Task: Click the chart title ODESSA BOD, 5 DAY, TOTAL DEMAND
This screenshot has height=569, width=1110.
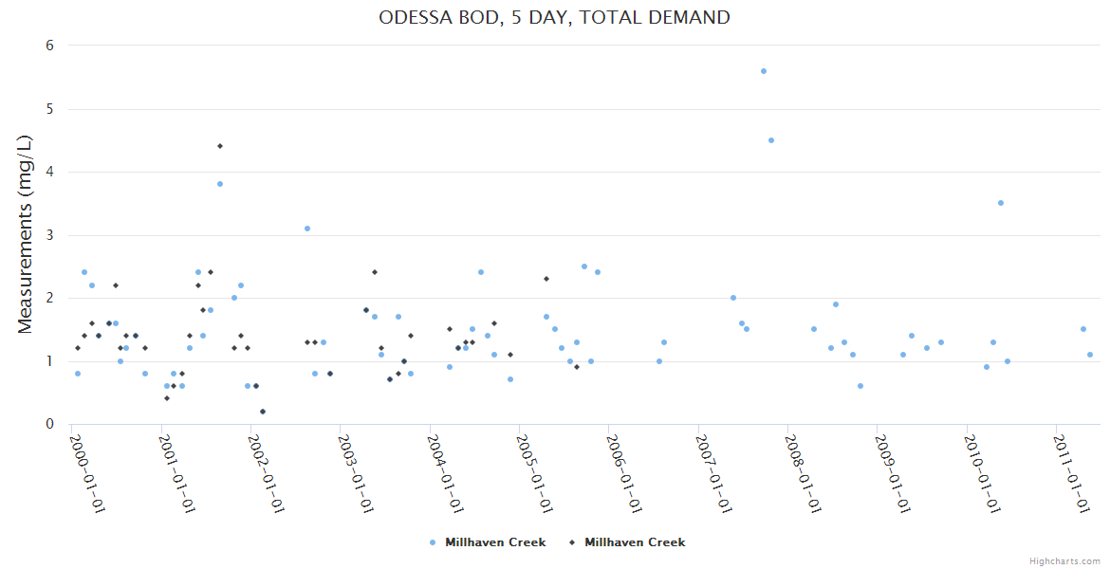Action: pos(554,17)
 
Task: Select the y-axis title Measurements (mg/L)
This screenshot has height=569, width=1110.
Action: pos(26,234)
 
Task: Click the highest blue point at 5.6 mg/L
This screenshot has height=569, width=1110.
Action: pos(764,71)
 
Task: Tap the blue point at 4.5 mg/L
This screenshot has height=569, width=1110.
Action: pos(771,140)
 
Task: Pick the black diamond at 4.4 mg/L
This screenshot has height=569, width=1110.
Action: pos(220,146)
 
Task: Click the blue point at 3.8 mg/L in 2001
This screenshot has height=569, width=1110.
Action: pos(220,184)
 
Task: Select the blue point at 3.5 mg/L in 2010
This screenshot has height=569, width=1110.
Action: pos(1001,203)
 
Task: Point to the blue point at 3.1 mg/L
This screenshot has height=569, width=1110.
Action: pos(307,229)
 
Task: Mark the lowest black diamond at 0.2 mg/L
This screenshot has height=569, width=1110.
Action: pos(263,412)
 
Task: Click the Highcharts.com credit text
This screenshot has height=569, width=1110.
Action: pos(1064,561)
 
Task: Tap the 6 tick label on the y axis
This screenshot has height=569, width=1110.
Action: pos(49,46)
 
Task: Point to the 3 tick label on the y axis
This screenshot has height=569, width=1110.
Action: pos(49,235)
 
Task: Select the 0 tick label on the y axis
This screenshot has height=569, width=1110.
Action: pos(49,424)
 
